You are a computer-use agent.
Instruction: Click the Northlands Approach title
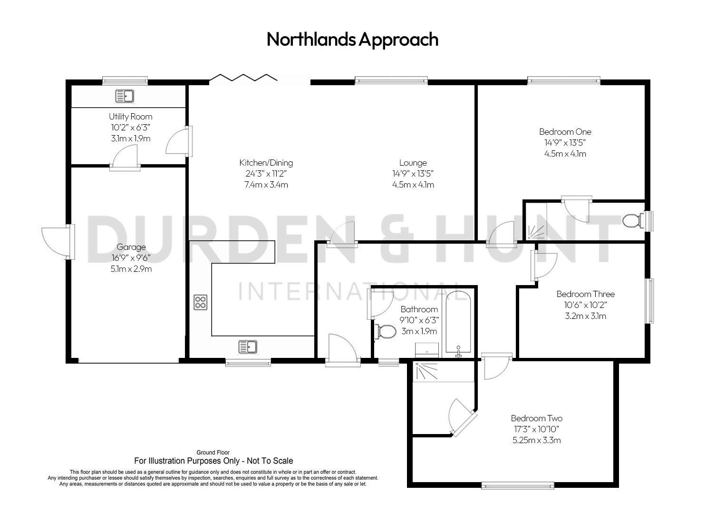tap(352, 39)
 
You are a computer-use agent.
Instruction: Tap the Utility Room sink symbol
tap(125, 96)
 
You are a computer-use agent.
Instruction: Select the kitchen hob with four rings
tap(200, 302)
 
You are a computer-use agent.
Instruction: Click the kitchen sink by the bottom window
tap(248, 346)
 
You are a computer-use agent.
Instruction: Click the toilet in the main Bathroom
tap(386, 332)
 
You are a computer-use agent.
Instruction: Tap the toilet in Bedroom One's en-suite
tap(633, 221)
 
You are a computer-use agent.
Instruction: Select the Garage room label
tap(131, 247)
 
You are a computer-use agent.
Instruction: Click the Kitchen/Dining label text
tap(266, 163)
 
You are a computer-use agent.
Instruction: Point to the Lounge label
tap(413, 163)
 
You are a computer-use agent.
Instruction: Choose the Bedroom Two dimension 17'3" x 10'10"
tap(536, 429)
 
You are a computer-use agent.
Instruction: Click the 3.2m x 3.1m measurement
tap(585, 316)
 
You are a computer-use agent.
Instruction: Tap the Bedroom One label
tap(565, 132)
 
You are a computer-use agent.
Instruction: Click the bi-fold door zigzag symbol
tap(243, 77)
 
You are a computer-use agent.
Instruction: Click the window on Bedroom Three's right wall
tap(649, 301)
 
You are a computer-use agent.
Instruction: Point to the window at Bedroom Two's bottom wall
tap(517, 485)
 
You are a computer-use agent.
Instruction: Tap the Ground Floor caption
tap(213, 453)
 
